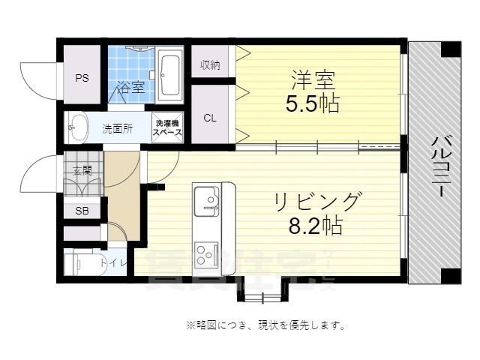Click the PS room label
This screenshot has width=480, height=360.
click(x=82, y=77)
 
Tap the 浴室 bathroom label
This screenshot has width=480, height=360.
click(x=130, y=88)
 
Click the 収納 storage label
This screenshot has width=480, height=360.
click(x=210, y=65)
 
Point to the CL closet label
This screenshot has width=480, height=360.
click(x=211, y=117)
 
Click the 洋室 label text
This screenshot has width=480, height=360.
click(x=311, y=79)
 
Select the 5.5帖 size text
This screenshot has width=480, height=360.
click(x=311, y=104)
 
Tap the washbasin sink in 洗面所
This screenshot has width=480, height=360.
click(x=76, y=127)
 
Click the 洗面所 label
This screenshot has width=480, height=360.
click(x=117, y=128)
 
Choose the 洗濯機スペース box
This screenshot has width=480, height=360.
click(x=167, y=127)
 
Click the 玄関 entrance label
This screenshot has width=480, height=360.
click(x=82, y=171)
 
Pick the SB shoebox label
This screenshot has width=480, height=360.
click(x=82, y=211)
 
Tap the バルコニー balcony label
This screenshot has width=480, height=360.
click(x=441, y=165)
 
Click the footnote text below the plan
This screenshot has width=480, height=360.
click(x=265, y=325)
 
